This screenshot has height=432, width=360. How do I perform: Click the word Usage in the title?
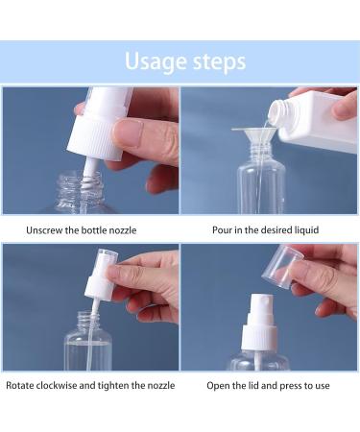pyautogui.click(x=156, y=62)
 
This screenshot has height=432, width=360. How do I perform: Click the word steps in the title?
pyautogui.click(x=217, y=62)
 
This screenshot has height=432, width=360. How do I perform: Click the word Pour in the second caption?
pyautogui.click(x=222, y=230)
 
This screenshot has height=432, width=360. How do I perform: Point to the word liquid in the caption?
pyautogui.click(x=301, y=230)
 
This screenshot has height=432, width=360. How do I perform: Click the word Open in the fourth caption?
pyautogui.click(x=218, y=386)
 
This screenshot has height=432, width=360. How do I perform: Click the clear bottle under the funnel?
pyautogui.click(x=256, y=187)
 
